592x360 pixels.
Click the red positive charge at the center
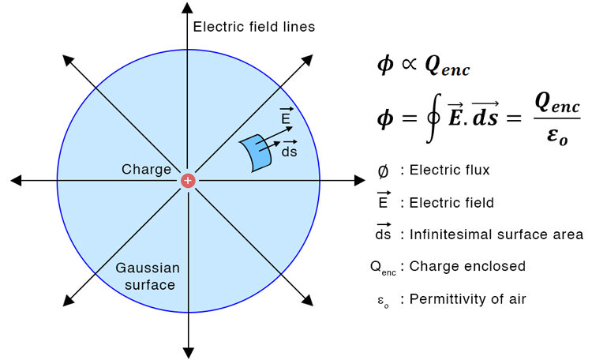[x=188, y=181]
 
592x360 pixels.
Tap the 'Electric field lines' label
[x=254, y=27]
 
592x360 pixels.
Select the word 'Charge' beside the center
[x=146, y=170]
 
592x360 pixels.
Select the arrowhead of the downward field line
[x=188, y=351]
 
